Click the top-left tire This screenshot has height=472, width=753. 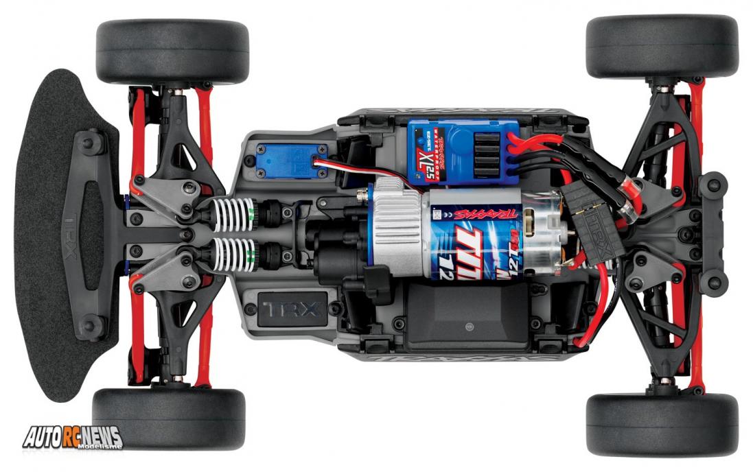(x=172, y=51)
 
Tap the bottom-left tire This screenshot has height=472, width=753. (x=169, y=419)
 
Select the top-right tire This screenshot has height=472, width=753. (x=662, y=46)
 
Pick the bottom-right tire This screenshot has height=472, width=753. (x=662, y=424)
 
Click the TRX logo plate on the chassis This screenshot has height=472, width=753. (x=291, y=308)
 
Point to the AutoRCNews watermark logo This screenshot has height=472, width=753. (x=72, y=437)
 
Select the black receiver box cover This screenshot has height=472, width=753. (x=467, y=319)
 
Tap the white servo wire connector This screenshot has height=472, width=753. (x=321, y=163)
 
